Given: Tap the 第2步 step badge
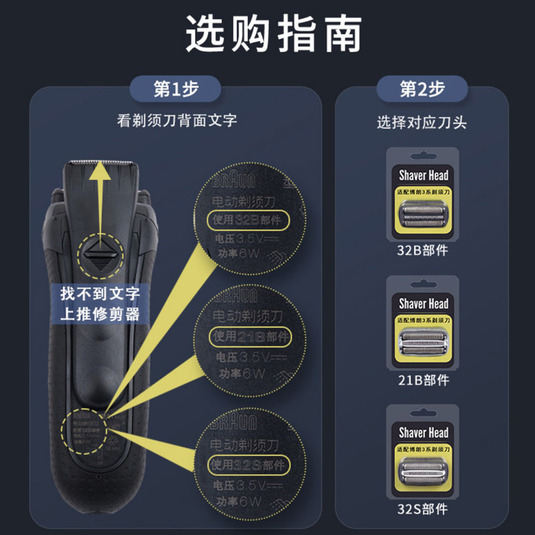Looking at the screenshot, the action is [x=423, y=88].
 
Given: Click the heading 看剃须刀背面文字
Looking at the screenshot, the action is [x=177, y=121].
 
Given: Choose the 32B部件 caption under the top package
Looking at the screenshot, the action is [x=423, y=251].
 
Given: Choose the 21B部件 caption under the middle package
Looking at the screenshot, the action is [x=423, y=380].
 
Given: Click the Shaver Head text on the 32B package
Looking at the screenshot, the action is [x=423, y=176].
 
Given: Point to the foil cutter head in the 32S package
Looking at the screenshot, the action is [x=423, y=471].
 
